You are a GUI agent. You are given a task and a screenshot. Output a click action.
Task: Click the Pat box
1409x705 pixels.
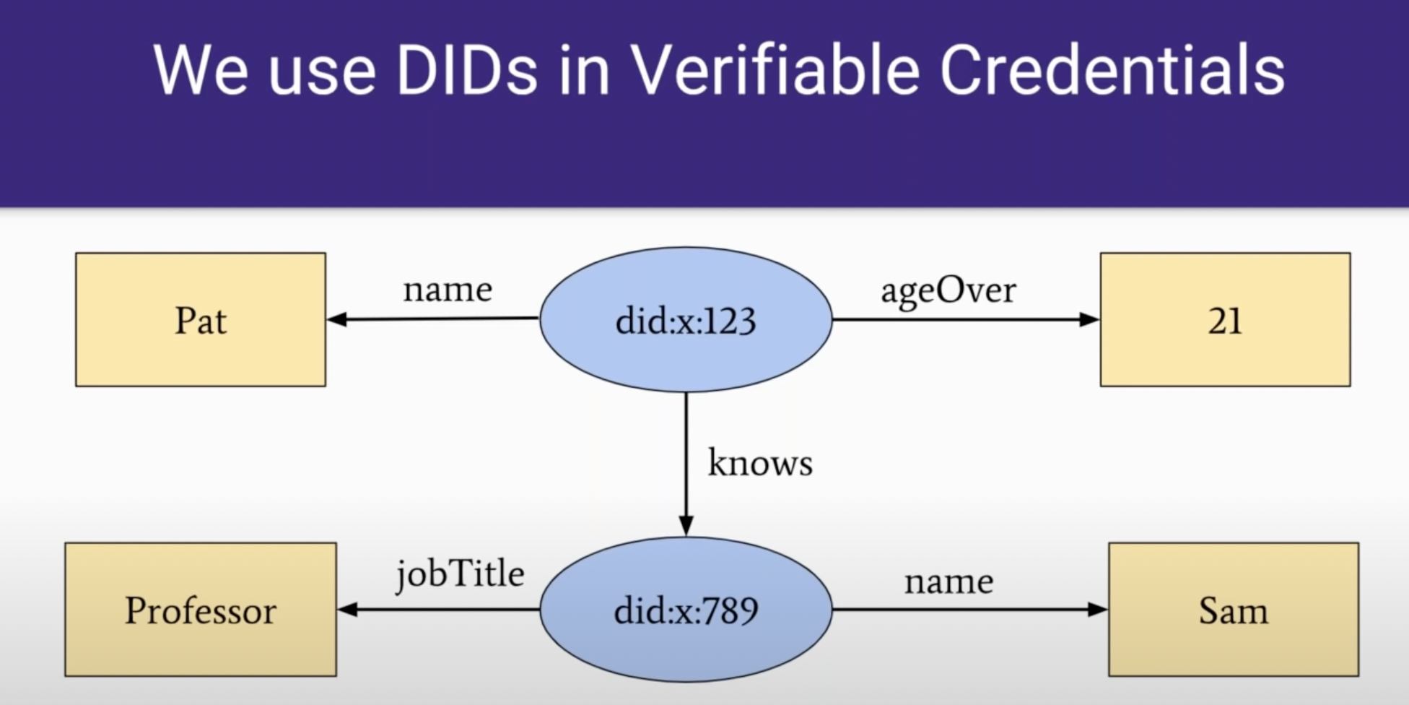201,320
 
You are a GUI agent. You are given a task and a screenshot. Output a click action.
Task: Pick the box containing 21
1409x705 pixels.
1225,320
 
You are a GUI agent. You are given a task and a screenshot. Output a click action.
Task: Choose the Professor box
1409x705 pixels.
201,610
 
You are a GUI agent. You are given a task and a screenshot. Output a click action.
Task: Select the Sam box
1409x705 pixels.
1233,610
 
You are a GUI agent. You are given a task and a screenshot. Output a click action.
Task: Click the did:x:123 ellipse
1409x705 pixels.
686,320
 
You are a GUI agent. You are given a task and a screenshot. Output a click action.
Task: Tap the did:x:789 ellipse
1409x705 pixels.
686,610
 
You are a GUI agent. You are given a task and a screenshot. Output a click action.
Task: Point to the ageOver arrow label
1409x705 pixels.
948,291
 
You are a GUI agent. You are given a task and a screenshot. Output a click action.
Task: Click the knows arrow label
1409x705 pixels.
760,463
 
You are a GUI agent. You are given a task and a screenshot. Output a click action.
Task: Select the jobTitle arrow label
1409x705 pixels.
460,575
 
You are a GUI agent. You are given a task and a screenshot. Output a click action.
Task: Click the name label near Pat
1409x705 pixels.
448,290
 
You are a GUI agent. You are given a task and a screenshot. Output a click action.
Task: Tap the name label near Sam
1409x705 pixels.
948,581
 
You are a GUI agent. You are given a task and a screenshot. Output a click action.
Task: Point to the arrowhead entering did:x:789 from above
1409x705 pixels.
686,525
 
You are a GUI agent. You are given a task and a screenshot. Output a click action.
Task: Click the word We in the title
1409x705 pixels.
200,71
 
